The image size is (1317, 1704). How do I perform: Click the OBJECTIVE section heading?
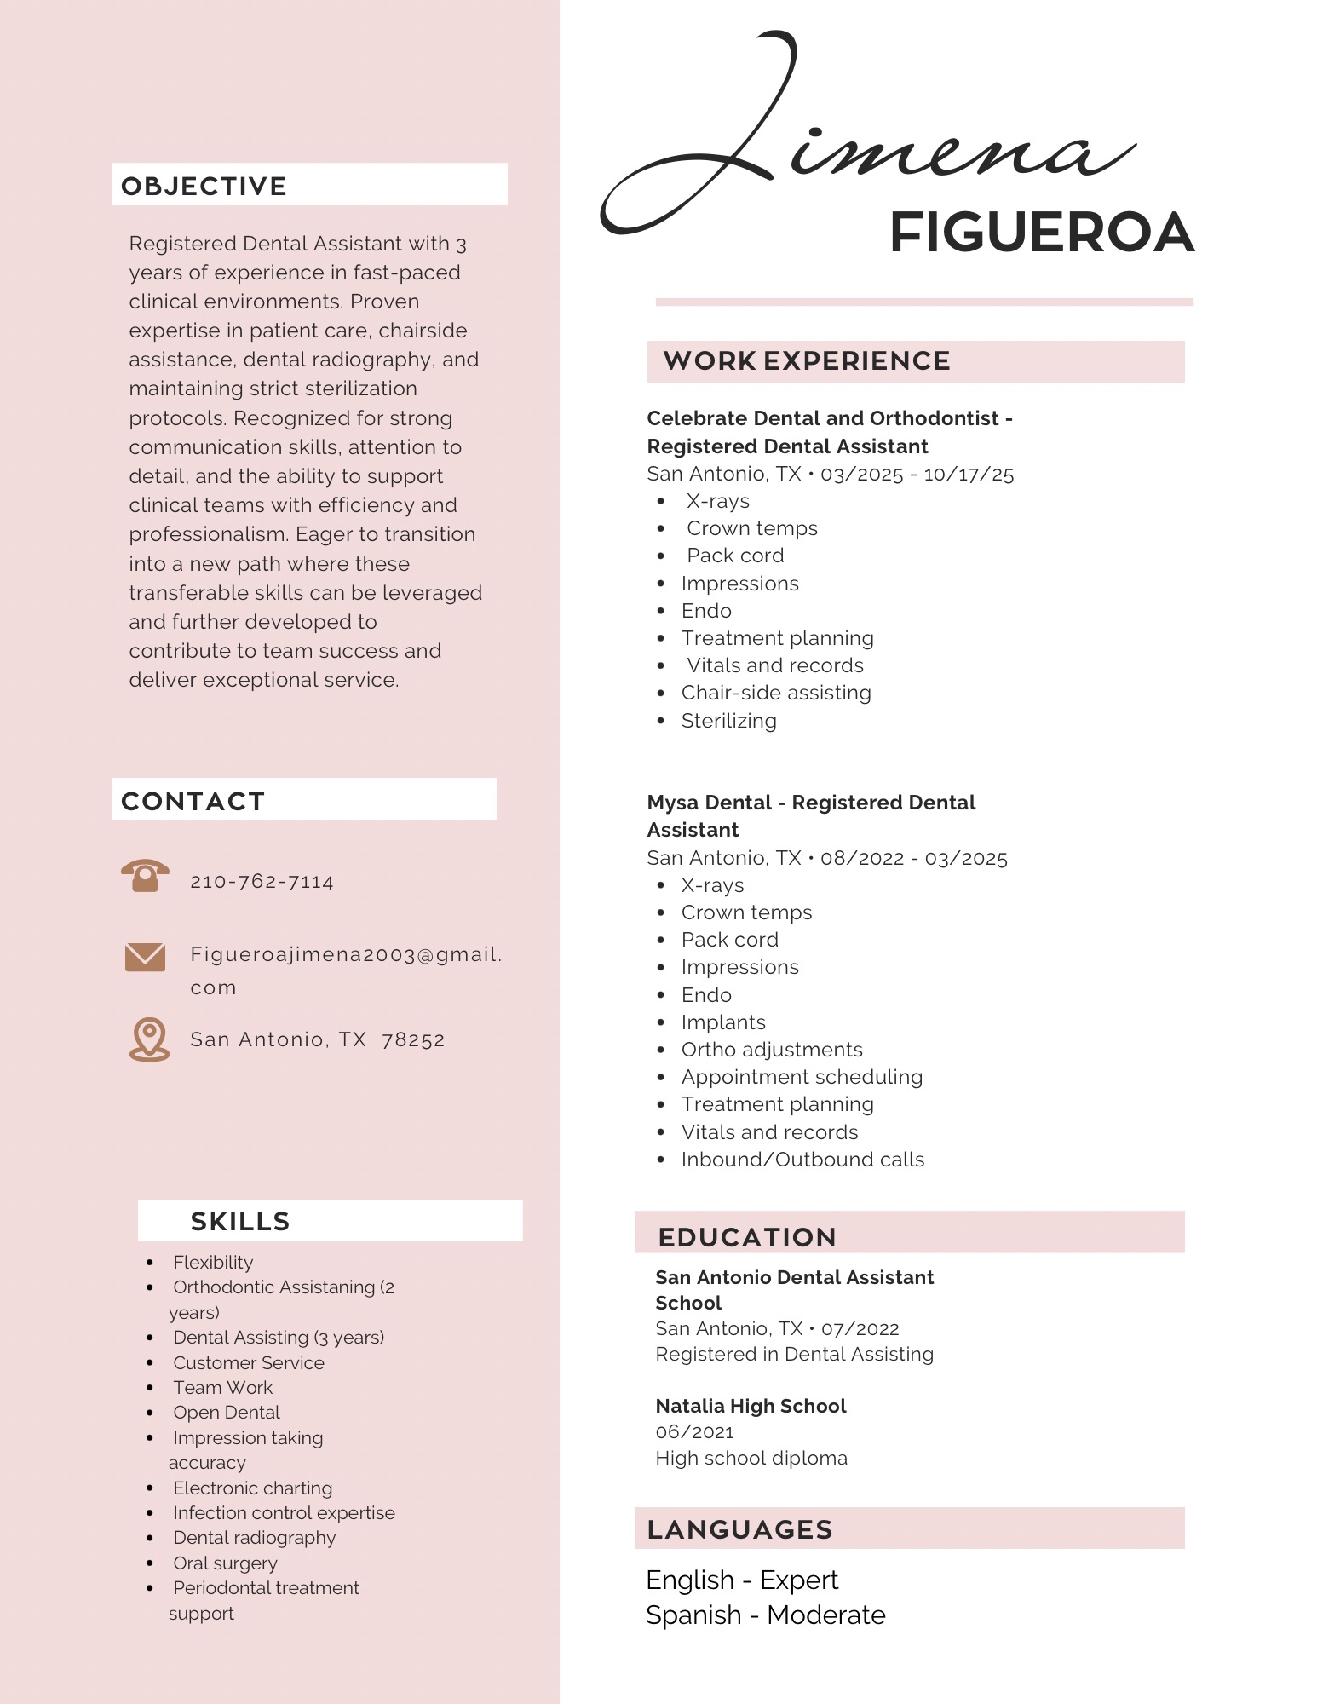pos(204,186)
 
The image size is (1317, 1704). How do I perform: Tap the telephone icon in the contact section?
pos(145,875)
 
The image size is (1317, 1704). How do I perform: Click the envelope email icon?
pos(145,957)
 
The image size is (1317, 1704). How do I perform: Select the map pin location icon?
pos(149,1039)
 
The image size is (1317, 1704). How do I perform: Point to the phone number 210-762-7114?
pos(262,882)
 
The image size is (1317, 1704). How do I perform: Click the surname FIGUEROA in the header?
pos(1041,233)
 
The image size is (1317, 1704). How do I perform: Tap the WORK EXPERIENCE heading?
pos(806,361)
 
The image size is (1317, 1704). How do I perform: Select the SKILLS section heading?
pos(240,1221)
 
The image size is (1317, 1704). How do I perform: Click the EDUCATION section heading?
pos(747,1237)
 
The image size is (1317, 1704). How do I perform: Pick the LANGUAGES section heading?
pos(739,1529)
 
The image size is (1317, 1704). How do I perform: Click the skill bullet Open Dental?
pos(227,1413)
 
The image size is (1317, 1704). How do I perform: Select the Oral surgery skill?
pos(225,1563)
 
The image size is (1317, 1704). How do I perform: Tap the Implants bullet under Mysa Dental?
pos(723,1022)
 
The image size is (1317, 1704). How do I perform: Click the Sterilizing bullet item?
pos(728,721)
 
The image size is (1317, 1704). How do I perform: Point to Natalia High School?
pos(751,1406)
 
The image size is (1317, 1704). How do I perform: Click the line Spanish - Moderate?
pos(765,1615)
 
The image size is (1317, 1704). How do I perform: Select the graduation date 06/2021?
pos(694,1432)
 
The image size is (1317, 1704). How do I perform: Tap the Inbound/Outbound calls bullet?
pos(802,1160)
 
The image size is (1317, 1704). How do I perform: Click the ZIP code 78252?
pos(413,1040)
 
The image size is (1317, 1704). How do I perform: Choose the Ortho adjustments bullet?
pos(772,1050)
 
